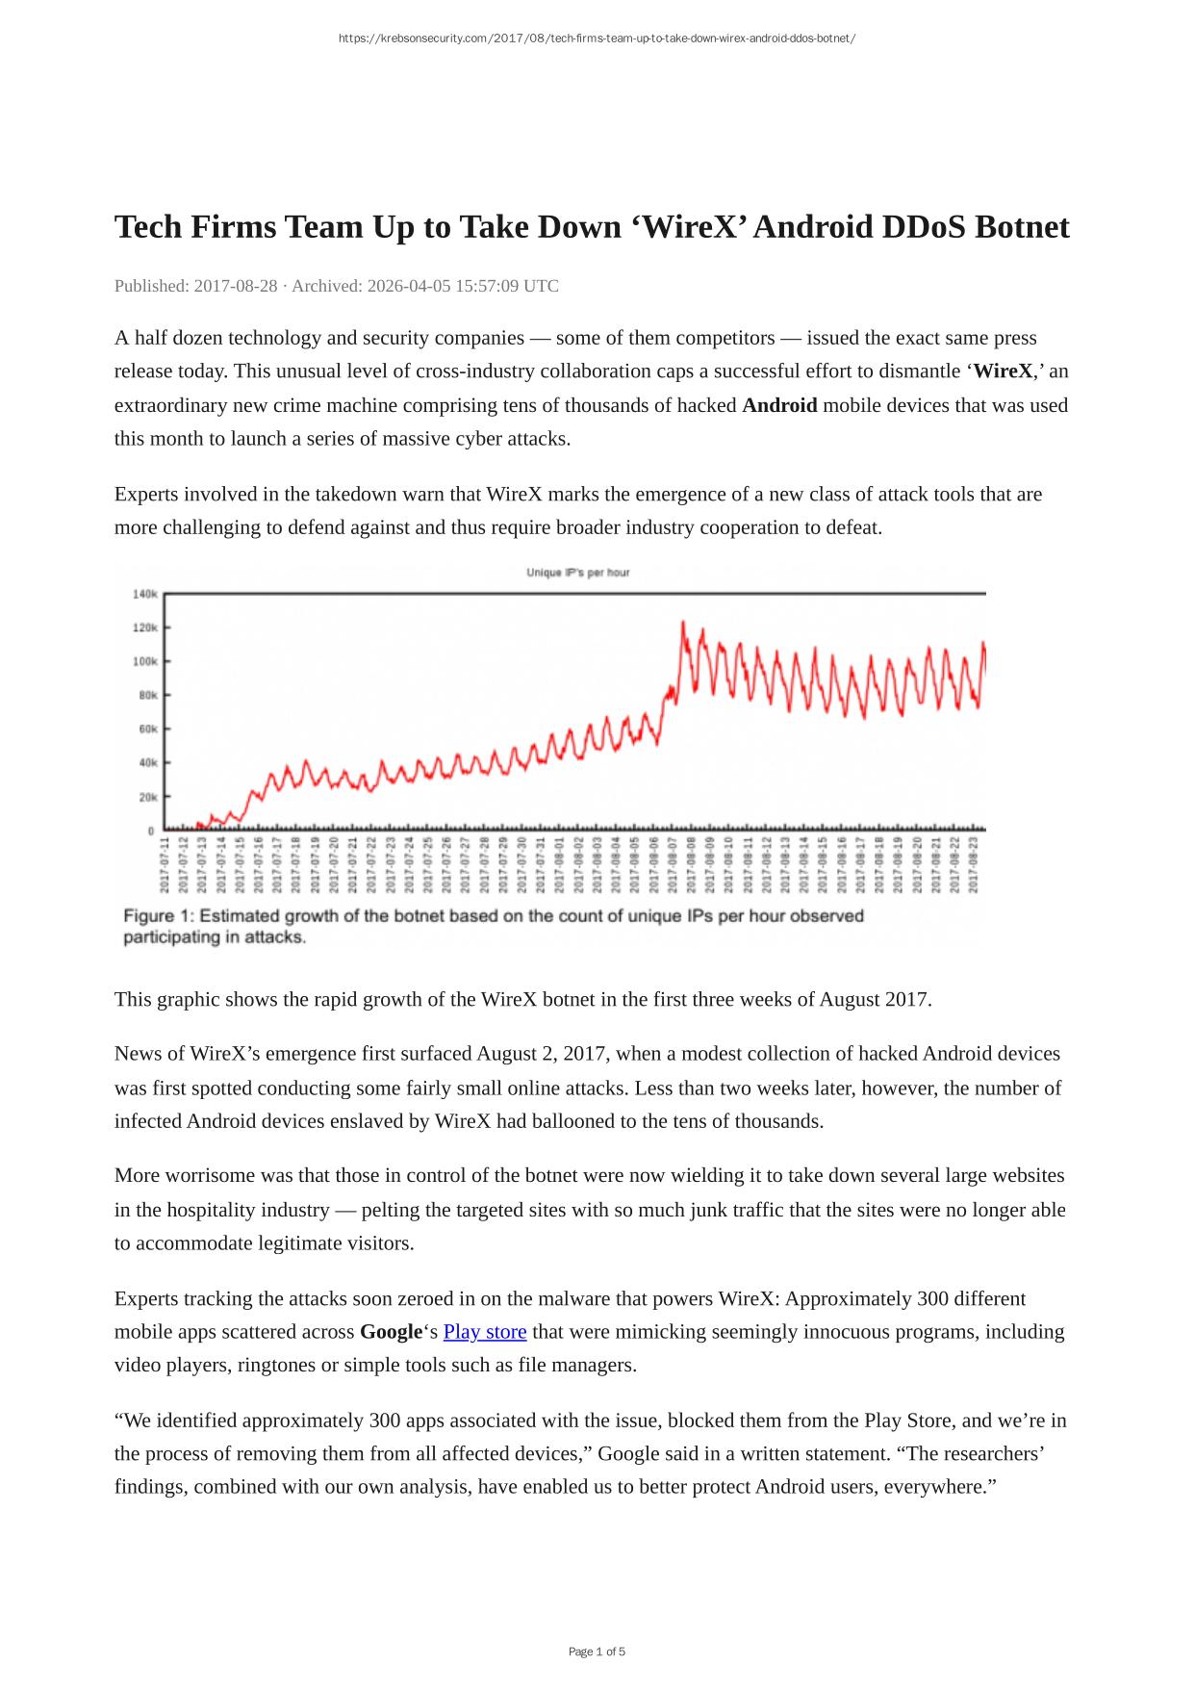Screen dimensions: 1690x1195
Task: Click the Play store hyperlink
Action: click(484, 1332)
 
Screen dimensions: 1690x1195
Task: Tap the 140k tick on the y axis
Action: click(144, 595)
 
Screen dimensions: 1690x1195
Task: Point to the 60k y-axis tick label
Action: click(147, 729)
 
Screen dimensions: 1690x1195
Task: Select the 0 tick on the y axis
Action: click(150, 831)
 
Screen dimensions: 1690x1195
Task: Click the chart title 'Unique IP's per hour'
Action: click(577, 573)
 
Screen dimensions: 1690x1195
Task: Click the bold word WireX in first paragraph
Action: click(1003, 371)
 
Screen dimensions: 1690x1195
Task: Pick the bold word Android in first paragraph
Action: click(779, 405)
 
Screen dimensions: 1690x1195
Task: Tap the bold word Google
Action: click(391, 1332)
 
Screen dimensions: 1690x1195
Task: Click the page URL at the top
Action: click(597, 38)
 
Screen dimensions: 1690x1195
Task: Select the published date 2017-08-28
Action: click(236, 286)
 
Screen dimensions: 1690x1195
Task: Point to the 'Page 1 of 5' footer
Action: click(597, 1652)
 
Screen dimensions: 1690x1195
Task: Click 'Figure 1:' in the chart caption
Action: click(158, 916)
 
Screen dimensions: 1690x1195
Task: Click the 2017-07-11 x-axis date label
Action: click(165, 865)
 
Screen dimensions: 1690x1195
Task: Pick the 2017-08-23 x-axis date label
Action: click(974, 865)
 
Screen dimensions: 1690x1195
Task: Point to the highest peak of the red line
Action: click(683, 623)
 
